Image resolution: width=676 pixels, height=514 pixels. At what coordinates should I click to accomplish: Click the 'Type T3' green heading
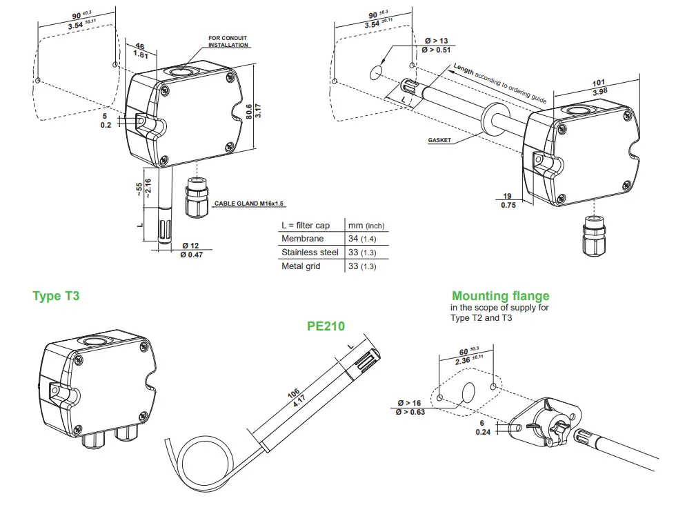click(56, 296)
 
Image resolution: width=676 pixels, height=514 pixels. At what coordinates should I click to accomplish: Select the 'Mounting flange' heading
click(500, 297)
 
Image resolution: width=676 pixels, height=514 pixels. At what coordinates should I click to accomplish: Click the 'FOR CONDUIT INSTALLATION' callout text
click(228, 41)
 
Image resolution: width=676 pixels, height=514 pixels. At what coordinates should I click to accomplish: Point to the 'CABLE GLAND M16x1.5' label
click(249, 204)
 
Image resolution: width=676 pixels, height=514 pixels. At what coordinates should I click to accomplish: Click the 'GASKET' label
click(439, 140)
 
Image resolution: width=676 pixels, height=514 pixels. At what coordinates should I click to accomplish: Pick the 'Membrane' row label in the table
click(301, 239)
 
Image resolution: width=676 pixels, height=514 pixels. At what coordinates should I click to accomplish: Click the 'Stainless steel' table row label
click(310, 253)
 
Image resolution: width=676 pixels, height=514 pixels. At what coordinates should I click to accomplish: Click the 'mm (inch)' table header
click(366, 226)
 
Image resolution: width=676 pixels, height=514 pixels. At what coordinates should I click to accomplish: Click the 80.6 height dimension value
click(248, 111)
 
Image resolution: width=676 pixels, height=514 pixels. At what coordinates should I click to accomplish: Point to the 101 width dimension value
click(599, 83)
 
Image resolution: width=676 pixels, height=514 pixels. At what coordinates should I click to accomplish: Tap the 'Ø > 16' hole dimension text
click(409, 403)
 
